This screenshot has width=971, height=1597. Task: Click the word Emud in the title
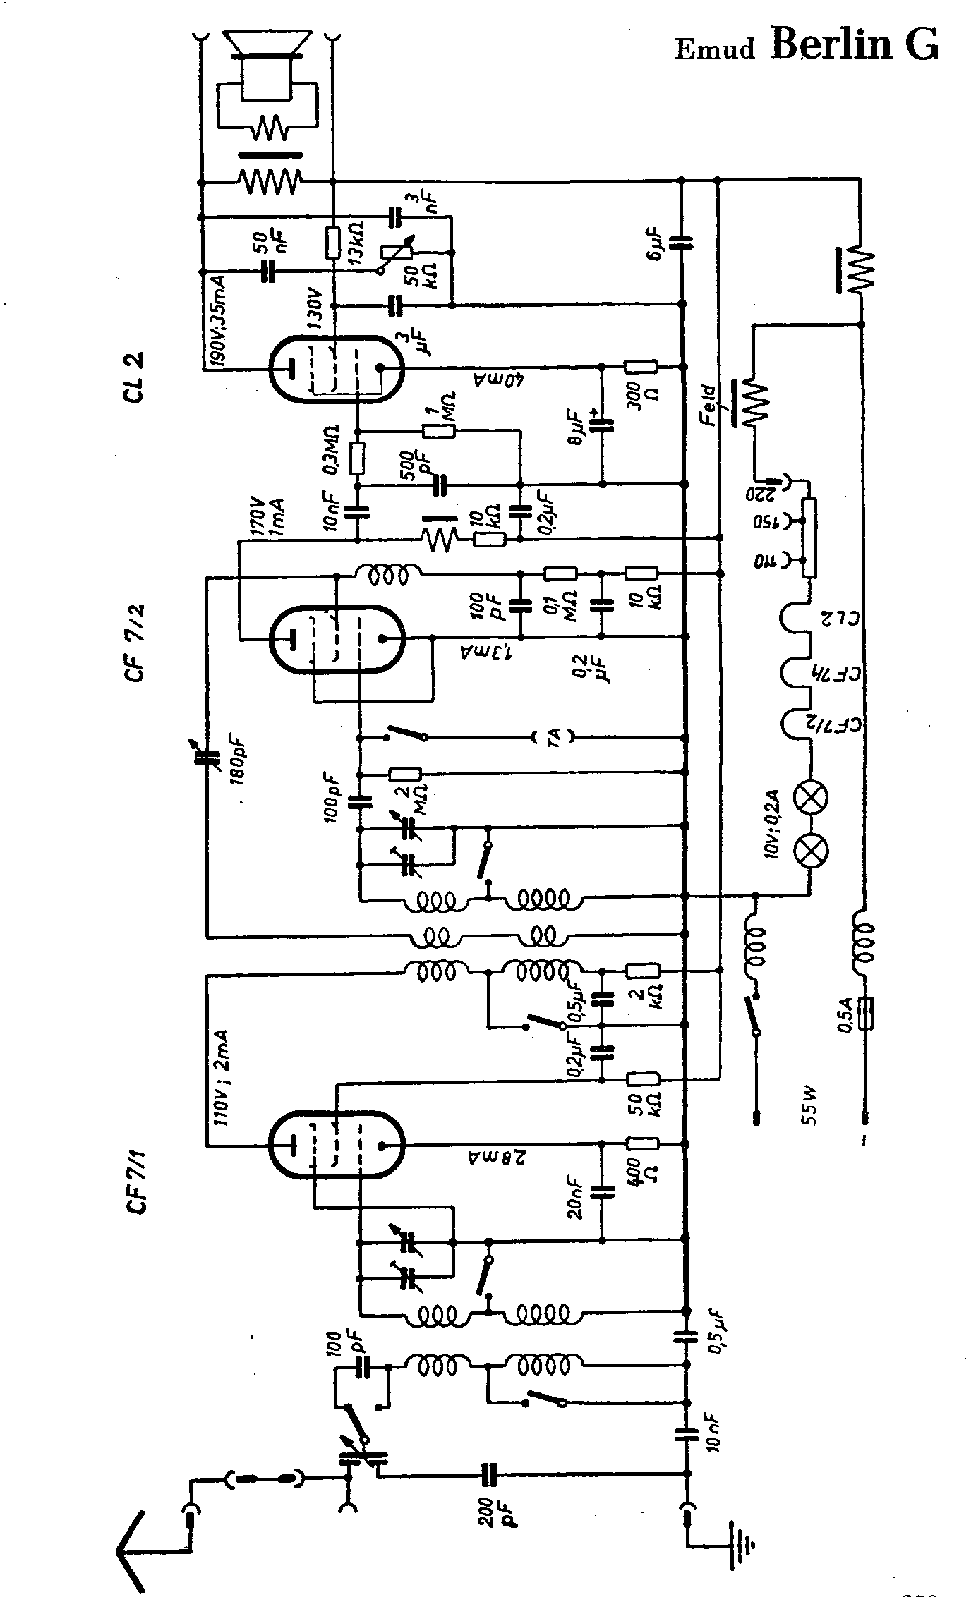pyautogui.click(x=715, y=49)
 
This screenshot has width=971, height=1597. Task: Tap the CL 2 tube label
pyautogui.click(x=133, y=376)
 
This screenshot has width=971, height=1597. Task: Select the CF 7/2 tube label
pyautogui.click(x=133, y=641)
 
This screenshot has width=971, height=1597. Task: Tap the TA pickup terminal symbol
pyautogui.click(x=553, y=739)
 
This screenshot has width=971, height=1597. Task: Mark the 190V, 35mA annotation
pyautogui.click(x=217, y=322)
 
